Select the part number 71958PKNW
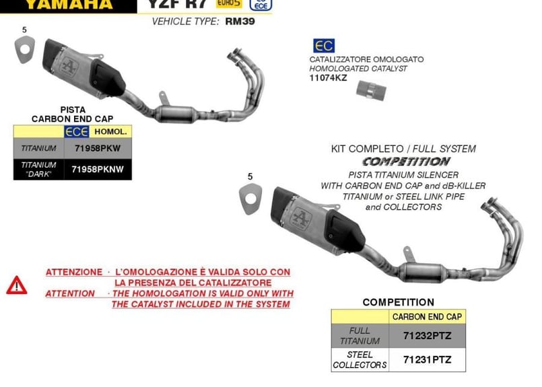click(98, 170)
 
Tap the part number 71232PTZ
click(428, 335)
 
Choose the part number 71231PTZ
click(428, 359)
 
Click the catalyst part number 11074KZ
click(329, 78)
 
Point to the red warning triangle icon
click(17, 285)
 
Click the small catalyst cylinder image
click(371, 90)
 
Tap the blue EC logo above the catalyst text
click(323, 46)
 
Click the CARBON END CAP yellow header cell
click(428, 316)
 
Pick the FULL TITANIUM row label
click(360, 335)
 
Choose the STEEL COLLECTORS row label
click(360, 359)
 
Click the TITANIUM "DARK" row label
click(38, 170)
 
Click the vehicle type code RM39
click(239, 22)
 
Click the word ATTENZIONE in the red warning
click(73, 272)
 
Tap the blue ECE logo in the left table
click(76, 131)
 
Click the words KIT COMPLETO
click(362, 149)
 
